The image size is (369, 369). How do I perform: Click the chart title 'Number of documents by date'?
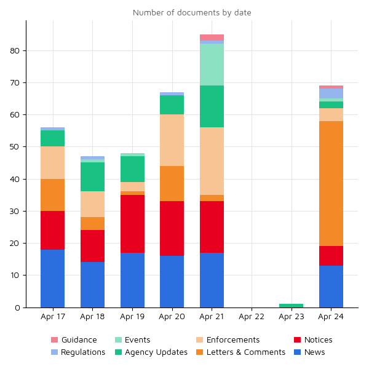click(192, 12)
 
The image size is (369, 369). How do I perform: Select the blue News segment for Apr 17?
click(52, 278)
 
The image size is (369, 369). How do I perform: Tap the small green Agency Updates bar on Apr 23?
click(291, 305)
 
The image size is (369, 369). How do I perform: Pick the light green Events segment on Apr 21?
click(212, 65)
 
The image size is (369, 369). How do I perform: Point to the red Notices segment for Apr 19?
click(132, 224)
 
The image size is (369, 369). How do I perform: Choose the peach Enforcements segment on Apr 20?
click(172, 140)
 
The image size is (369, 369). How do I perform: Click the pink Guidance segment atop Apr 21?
click(212, 38)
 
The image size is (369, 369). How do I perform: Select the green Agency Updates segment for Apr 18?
click(92, 177)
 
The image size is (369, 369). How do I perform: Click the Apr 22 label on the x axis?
click(251, 317)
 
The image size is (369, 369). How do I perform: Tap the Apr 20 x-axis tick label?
click(172, 317)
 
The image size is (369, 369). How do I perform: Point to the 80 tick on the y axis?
click(15, 50)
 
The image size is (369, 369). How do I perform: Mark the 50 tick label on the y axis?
click(15, 147)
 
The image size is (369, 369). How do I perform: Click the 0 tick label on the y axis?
click(17, 307)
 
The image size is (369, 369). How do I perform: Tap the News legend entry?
click(314, 352)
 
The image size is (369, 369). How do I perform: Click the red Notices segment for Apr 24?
click(331, 256)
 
